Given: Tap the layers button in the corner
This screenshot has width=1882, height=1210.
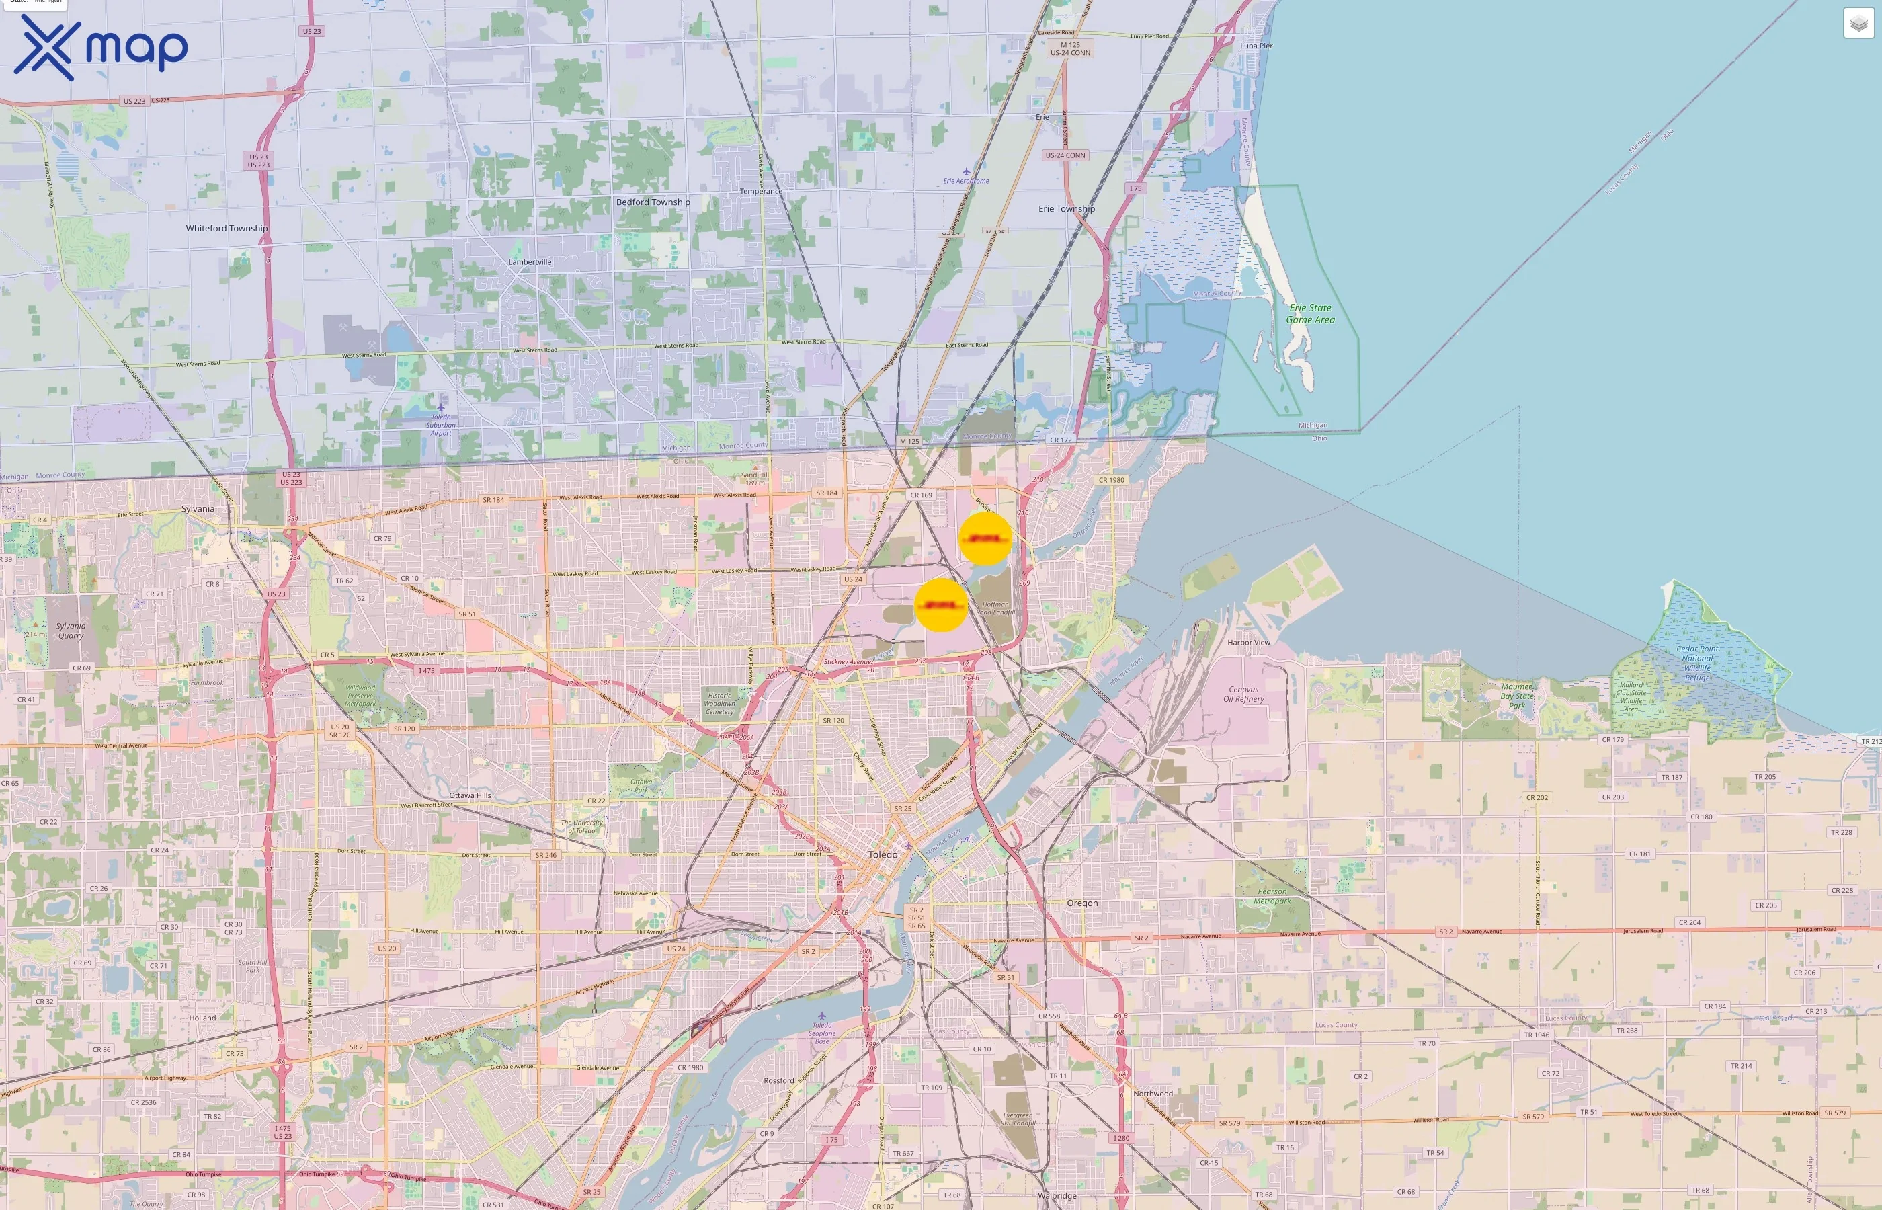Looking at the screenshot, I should click(1858, 24).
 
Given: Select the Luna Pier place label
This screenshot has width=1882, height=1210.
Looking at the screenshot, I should click(1256, 46).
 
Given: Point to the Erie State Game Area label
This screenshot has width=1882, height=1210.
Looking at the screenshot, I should click(1310, 313).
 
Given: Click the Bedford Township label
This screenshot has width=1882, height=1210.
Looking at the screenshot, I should click(653, 202).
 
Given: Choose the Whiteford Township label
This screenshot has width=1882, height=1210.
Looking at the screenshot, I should click(227, 228).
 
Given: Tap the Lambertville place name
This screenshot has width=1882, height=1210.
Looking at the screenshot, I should click(530, 261).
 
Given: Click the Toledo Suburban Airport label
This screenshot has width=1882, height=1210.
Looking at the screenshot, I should click(441, 424).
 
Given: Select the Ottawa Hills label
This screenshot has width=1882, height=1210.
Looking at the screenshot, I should click(470, 795).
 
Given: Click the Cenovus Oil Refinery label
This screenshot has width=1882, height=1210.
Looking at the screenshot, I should click(1243, 694).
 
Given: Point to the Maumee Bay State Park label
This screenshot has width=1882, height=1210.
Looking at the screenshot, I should click(1516, 695).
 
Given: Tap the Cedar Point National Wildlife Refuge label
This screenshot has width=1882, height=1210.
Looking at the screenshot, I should click(1696, 662).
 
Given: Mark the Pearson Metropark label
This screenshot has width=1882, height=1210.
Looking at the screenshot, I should click(1272, 895).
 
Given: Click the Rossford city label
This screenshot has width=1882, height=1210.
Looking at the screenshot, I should click(778, 1080).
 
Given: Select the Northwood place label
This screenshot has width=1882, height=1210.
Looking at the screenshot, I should click(1152, 1093).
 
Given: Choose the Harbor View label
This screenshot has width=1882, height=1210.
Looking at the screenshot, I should click(1248, 642).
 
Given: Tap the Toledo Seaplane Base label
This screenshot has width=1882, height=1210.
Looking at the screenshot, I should click(821, 1031).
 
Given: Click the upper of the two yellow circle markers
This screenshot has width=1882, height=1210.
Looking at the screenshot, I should click(985, 539).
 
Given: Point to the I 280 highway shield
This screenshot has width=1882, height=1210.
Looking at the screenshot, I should click(1121, 1137).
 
